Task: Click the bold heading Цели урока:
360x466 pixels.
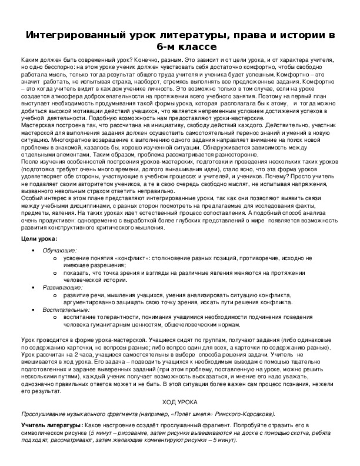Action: (x=39, y=239)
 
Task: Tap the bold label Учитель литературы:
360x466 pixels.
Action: (x=52, y=424)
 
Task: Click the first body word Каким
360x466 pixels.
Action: (x=29, y=61)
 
